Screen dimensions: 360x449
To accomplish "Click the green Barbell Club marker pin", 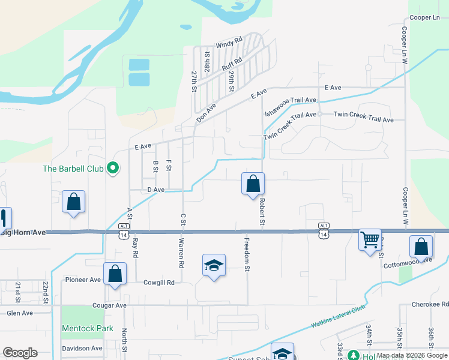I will [x=112, y=169].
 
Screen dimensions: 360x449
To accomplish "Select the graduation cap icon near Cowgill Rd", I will [x=213, y=265].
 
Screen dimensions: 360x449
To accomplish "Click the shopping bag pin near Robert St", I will [x=253, y=184].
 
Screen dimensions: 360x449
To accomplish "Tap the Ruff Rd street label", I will [x=232, y=64].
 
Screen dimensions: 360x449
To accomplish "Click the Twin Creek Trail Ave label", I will [x=363, y=116].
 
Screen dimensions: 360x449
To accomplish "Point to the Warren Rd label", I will [x=181, y=253].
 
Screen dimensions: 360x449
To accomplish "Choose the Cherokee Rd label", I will [x=430, y=305].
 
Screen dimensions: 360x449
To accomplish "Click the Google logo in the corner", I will [x=20, y=353].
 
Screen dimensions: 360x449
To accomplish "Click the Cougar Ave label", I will [x=109, y=305].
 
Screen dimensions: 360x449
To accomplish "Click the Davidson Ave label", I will [x=81, y=348].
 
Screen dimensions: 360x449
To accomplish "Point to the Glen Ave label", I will [x=19, y=313].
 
